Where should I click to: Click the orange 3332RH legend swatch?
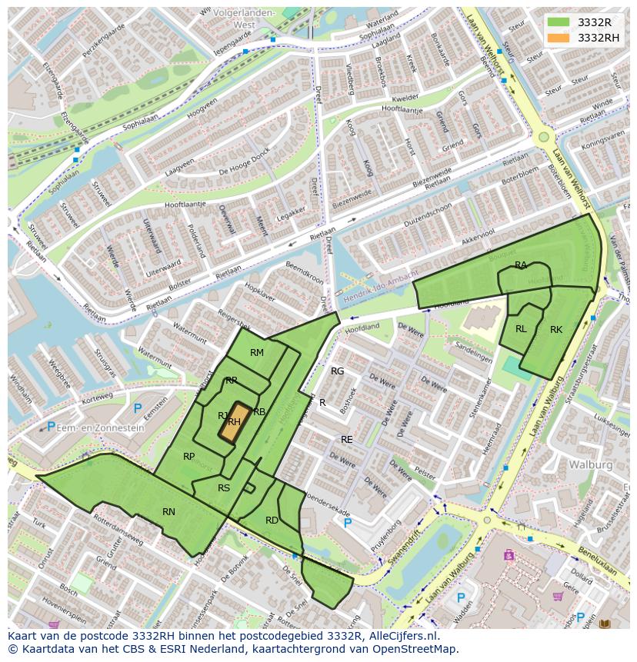[x=559, y=38]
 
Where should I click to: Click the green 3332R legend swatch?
[x=559, y=22]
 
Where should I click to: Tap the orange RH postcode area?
[x=235, y=421]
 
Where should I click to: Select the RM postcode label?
[x=257, y=353]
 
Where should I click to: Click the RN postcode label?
[x=168, y=511]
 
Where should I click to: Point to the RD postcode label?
[x=272, y=521]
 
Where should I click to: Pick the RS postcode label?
[x=224, y=488]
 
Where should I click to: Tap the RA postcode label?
[x=521, y=265]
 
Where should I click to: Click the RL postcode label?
[x=521, y=329]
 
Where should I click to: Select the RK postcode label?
[x=556, y=330]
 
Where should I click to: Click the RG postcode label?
[x=337, y=371]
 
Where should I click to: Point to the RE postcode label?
[x=347, y=440]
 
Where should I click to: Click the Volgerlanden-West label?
[x=234, y=18]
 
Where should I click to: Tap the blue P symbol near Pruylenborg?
[x=348, y=523]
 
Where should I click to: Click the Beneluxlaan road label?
[x=599, y=562]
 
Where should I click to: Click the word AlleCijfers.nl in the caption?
[x=400, y=636]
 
